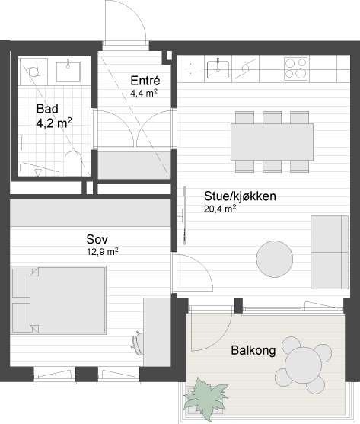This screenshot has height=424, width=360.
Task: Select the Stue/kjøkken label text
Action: [x=239, y=196]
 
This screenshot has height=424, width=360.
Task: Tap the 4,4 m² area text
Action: [x=143, y=94]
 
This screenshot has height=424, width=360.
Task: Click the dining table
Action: [x=272, y=139]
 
